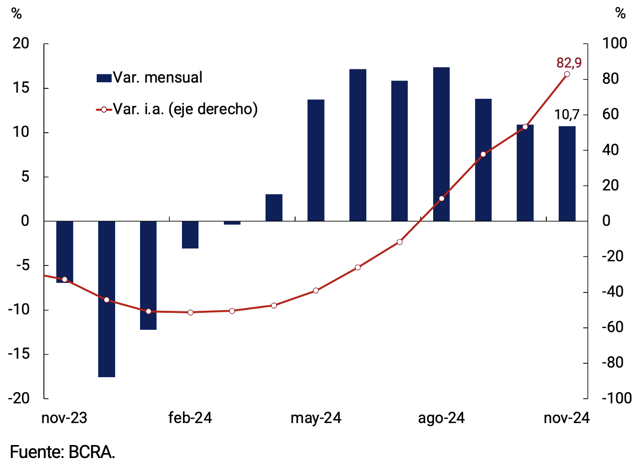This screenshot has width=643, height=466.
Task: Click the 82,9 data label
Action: (569, 63)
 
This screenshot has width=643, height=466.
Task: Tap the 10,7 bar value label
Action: (567, 115)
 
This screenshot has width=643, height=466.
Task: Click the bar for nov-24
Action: (567, 173)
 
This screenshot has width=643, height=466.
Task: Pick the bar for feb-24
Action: (190, 234)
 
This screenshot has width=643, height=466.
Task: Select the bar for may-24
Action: (316, 160)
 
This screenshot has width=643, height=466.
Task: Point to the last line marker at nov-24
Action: (567, 74)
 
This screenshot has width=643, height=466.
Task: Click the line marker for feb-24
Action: (190, 312)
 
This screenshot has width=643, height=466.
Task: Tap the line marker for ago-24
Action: (441, 199)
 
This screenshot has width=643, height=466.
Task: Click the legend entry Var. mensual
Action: (150, 78)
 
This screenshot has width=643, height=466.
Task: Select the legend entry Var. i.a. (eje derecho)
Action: (177, 109)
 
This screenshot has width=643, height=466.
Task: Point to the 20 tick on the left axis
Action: (21, 44)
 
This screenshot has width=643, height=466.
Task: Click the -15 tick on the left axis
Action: (18, 354)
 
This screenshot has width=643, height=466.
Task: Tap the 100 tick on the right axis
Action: (615, 44)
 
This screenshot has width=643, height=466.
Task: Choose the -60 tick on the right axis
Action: (613, 327)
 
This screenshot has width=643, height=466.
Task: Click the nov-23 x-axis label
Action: (64, 418)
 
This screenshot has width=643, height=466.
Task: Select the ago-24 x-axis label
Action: (441, 418)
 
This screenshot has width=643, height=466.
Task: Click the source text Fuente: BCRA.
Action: (62, 452)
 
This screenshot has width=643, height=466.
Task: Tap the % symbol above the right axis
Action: (620, 13)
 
